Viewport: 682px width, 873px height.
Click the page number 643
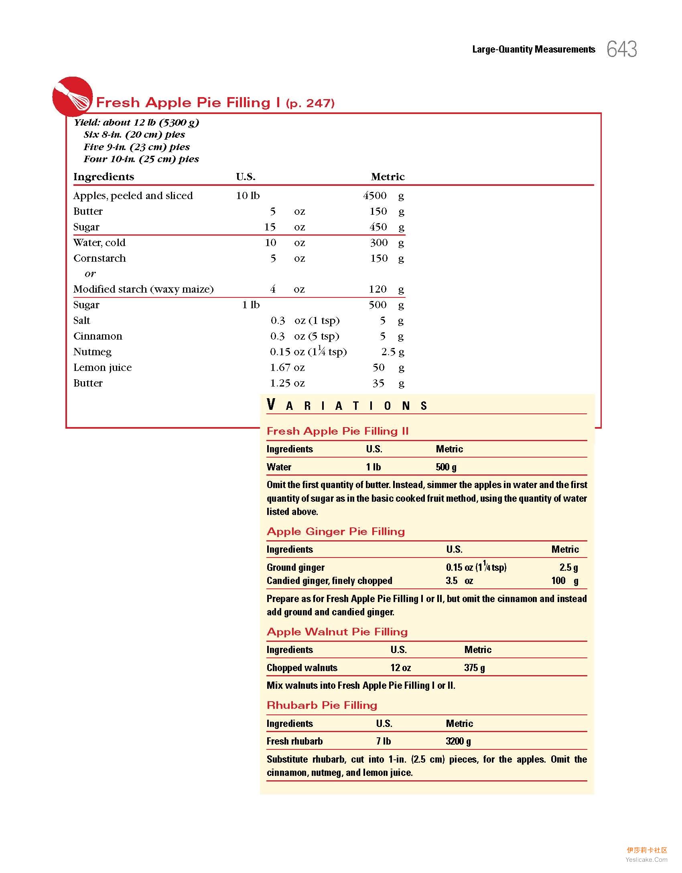click(621, 49)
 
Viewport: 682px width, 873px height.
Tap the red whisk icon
click(73, 97)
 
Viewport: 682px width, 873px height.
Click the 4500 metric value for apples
click(375, 196)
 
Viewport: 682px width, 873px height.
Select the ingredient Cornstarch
click(99, 258)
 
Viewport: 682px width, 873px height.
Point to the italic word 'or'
click(90, 274)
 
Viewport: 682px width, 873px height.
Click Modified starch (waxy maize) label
click(143, 289)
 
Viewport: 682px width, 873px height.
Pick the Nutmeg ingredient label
click(92, 352)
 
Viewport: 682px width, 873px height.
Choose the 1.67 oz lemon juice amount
click(287, 368)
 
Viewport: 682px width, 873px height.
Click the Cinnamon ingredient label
click(97, 336)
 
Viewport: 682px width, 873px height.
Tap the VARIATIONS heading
click(347, 405)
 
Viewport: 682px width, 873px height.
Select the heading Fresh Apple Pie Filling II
click(337, 431)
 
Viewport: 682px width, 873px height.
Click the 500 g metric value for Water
click(446, 467)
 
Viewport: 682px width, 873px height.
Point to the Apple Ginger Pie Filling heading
click(336, 531)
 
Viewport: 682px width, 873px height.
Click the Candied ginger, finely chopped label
click(329, 580)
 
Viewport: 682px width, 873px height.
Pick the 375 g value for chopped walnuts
click(474, 667)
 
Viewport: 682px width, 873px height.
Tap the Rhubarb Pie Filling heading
click(322, 705)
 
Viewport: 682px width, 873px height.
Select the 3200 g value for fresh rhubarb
click(458, 741)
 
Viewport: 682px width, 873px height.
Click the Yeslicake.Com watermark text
click(646, 859)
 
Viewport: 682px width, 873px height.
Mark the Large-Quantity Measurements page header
click(534, 49)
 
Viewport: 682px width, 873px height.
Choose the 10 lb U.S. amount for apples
click(248, 196)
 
